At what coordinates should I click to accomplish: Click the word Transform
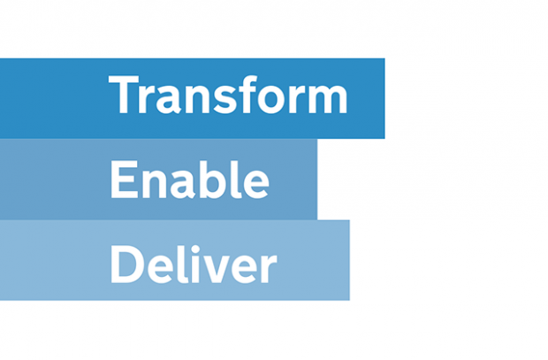228,96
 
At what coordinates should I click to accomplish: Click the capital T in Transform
124,95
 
